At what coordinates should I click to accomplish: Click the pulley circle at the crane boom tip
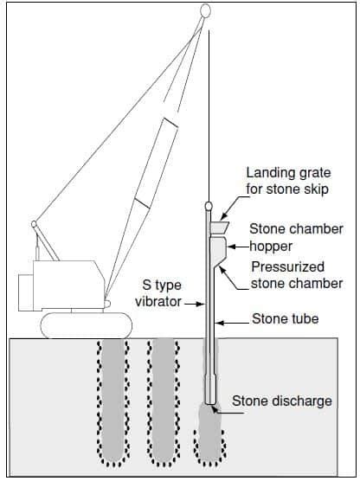tap(205, 11)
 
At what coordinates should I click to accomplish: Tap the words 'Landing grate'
tap(288, 173)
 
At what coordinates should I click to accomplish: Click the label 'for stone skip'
tap(287, 189)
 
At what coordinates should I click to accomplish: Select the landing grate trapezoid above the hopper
tap(219, 227)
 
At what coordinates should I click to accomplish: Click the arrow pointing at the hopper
tap(238, 247)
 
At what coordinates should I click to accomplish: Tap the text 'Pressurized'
tap(287, 266)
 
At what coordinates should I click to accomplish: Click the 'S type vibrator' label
tap(158, 293)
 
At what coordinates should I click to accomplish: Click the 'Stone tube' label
tap(285, 318)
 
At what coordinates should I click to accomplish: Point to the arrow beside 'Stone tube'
tap(231, 323)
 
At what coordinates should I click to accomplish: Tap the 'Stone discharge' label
tap(282, 401)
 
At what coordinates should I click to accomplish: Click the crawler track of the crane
tap(87, 325)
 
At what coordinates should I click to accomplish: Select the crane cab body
tap(68, 285)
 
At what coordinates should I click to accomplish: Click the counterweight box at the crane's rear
tap(26, 292)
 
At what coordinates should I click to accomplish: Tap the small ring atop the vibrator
tap(209, 205)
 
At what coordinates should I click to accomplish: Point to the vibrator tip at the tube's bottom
tap(210, 402)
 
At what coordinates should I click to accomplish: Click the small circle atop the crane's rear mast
tap(34, 224)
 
